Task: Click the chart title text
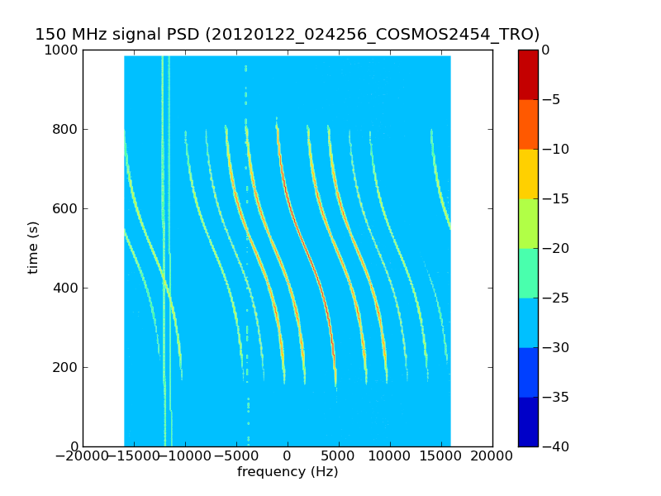(287, 35)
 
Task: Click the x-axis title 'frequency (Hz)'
(288, 472)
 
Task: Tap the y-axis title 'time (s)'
(34, 247)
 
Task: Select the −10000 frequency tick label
(185, 456)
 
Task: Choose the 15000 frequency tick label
(441, 456)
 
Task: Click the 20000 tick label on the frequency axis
(492, 456)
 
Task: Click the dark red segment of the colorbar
(528, 74)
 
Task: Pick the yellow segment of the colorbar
(528, 174)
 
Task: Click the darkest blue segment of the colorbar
(528, 422)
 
